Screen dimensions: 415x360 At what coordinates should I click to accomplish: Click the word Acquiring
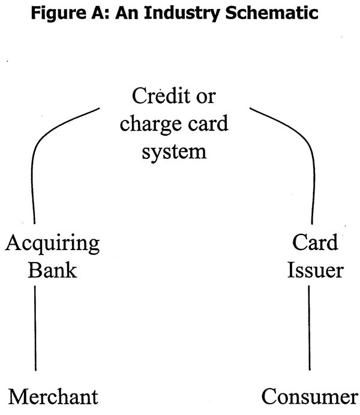53,244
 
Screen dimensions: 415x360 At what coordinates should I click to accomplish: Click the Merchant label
53,396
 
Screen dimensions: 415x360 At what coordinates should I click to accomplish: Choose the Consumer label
310,396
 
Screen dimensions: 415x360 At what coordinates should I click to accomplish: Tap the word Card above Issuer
315,244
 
